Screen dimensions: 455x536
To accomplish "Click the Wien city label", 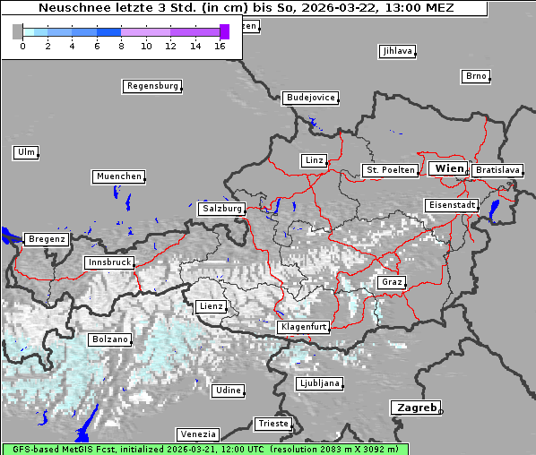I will pyautogui.click(x=449, y=168).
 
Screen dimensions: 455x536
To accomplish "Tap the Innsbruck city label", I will pyautogui.click(x=108, y=262).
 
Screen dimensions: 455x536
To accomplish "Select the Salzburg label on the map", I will pyautogui.click(x=221, y=208).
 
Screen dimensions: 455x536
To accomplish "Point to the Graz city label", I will pyautogui.click(x=391, y=282).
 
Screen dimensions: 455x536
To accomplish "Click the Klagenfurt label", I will pyautogui.click(x=303, y=327).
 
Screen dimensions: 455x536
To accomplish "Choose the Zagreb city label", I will pyautogui.click(x=415, y=408).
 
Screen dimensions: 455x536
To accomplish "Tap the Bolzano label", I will pyautogui.click(x=110, y=339).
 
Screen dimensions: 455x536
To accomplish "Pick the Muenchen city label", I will pyautogui.click(x=118, y=176).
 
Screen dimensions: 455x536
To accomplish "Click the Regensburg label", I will pyautogui.click(x=151, y=86).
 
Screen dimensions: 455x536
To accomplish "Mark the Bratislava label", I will pyautogui.click(x=497, y=169).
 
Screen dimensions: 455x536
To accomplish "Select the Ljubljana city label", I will pyautogui.click(x=318, y=383).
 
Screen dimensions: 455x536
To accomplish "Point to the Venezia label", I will pyautogui.click(x=196, y=434).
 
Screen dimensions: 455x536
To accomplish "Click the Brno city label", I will pyautogui.click(x=476, y=76).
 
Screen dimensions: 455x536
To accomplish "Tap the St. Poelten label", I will pyautogui.click(x=389, y=169).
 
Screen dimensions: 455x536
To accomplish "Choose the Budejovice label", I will pyautogui.click(x=310, y=97).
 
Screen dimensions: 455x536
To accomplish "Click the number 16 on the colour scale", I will pyautogui.click(x=220, y=45).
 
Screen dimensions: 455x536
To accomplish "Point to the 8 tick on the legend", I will pyautogui.click(x=121, y=45).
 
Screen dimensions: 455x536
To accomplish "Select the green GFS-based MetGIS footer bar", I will pyautogui.click(x=204, y=449).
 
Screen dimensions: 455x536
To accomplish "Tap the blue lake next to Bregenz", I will pyautogui.click(x=9, y=236).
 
